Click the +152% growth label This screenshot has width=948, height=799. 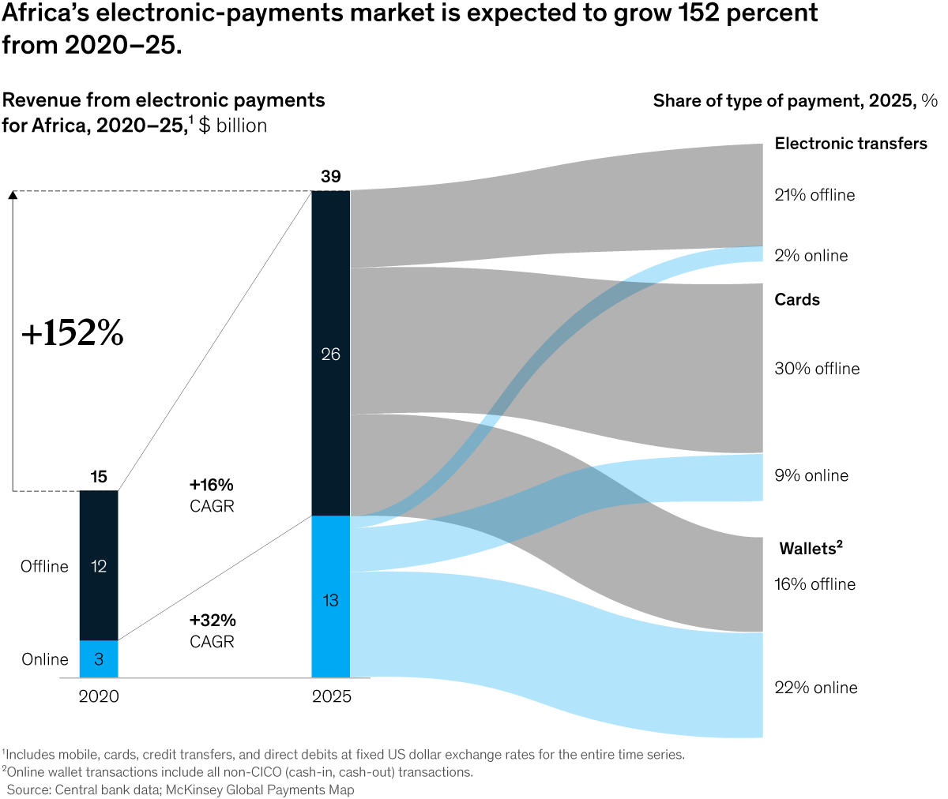[x=73, y=334]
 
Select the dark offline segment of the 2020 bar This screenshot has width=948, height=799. [x=99, y=565]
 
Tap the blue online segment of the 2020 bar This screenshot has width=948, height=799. [x=99, y=659]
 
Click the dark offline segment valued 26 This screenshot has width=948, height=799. [x=330, y=354]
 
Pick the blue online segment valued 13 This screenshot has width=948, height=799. [x=330, y=600]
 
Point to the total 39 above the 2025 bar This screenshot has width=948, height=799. [x=330, y=177]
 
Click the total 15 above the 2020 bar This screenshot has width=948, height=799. [x=99, y=477]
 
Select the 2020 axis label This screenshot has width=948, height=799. [x=99, y=696]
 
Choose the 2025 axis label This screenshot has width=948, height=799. [x=331, y=696]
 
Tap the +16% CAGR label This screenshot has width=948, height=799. [x=212, y=495]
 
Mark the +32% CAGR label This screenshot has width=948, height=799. [x=213, y=631]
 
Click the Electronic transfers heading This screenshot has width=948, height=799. [x=851, y=144]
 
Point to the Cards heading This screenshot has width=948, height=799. [x=797, y=300]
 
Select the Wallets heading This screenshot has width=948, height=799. [x=811, y=549]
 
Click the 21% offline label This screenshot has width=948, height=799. [x=814, y=195]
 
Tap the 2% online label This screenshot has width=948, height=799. [x=811, y=256]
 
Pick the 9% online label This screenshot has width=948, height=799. [x=811, y=475]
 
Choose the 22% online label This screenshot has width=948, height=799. [x=815, y=688]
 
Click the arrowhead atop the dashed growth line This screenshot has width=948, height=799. [x=13, y=194]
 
